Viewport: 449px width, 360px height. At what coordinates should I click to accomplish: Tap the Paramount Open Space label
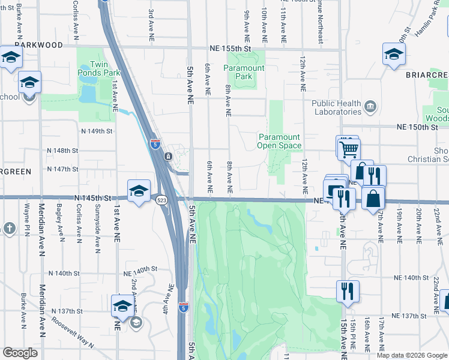[279, 141]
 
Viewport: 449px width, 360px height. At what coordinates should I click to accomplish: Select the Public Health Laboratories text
[336, 107]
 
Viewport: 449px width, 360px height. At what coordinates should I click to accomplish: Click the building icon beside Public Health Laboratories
[370, 108]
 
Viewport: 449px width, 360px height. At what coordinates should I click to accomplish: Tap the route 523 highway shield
[161, 200]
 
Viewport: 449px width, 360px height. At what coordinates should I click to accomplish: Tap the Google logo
[20, 353]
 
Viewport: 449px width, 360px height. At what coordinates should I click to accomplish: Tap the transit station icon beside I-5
[168, 157]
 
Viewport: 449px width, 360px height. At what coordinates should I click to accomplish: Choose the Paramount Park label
[244, 72]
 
